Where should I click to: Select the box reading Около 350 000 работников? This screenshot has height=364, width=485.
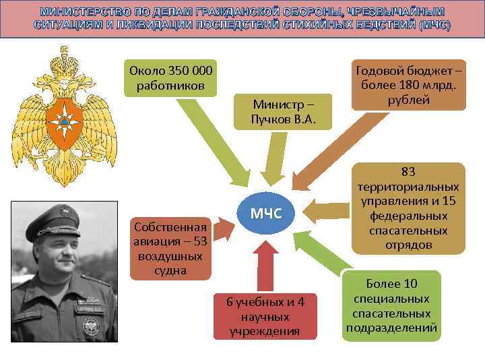point(170,78)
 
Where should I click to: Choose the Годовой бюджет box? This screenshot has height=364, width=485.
point(409,84)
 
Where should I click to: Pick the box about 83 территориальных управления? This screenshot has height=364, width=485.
point(408,208)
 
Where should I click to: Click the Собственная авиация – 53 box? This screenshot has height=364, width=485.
point(170,248)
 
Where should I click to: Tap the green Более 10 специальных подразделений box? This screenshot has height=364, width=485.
point(391,306)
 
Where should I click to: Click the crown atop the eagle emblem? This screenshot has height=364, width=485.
point(64,57)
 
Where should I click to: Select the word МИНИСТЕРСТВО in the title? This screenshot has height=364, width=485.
point(82,13)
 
